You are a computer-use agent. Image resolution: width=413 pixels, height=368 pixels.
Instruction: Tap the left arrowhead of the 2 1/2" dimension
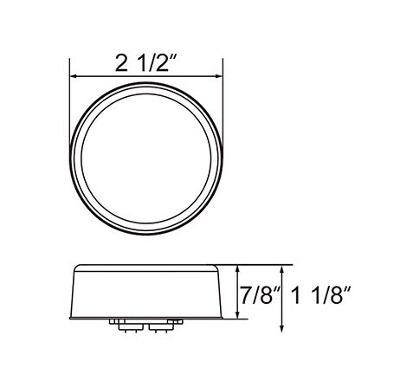point(74,76)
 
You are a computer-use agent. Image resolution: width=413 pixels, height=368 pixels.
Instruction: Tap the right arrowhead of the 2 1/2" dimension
point(218,76)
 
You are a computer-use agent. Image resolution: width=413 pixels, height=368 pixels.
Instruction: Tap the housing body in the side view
point(146,290)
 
